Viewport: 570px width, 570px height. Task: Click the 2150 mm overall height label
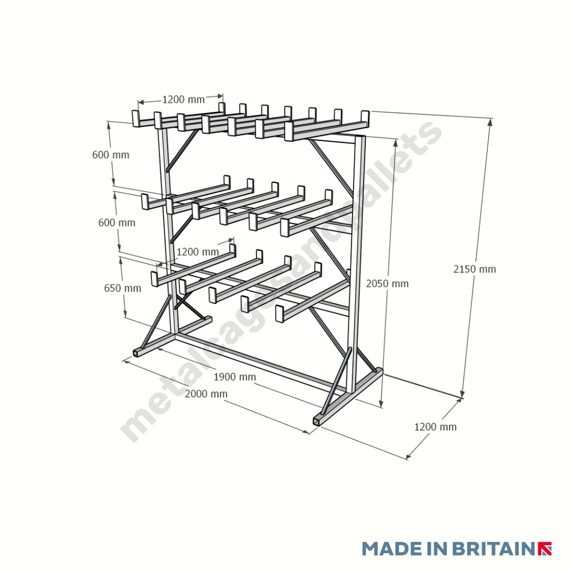474,269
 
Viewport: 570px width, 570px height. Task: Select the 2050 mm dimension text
387,284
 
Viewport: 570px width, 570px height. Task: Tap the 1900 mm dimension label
235,377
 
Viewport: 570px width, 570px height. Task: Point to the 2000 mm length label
206,394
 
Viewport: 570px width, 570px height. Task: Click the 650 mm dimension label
122,288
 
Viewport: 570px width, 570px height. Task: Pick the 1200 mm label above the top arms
183,100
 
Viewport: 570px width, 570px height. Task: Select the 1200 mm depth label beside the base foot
435,427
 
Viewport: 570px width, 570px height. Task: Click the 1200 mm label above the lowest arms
197,252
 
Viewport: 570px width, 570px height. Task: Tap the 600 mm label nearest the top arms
111,155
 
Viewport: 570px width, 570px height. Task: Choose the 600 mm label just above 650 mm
117,223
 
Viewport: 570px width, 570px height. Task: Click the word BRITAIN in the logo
493,548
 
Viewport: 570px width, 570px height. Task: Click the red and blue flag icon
545,548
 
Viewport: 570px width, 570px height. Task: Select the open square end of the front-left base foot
137,352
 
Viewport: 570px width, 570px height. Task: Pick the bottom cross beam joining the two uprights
262,362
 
